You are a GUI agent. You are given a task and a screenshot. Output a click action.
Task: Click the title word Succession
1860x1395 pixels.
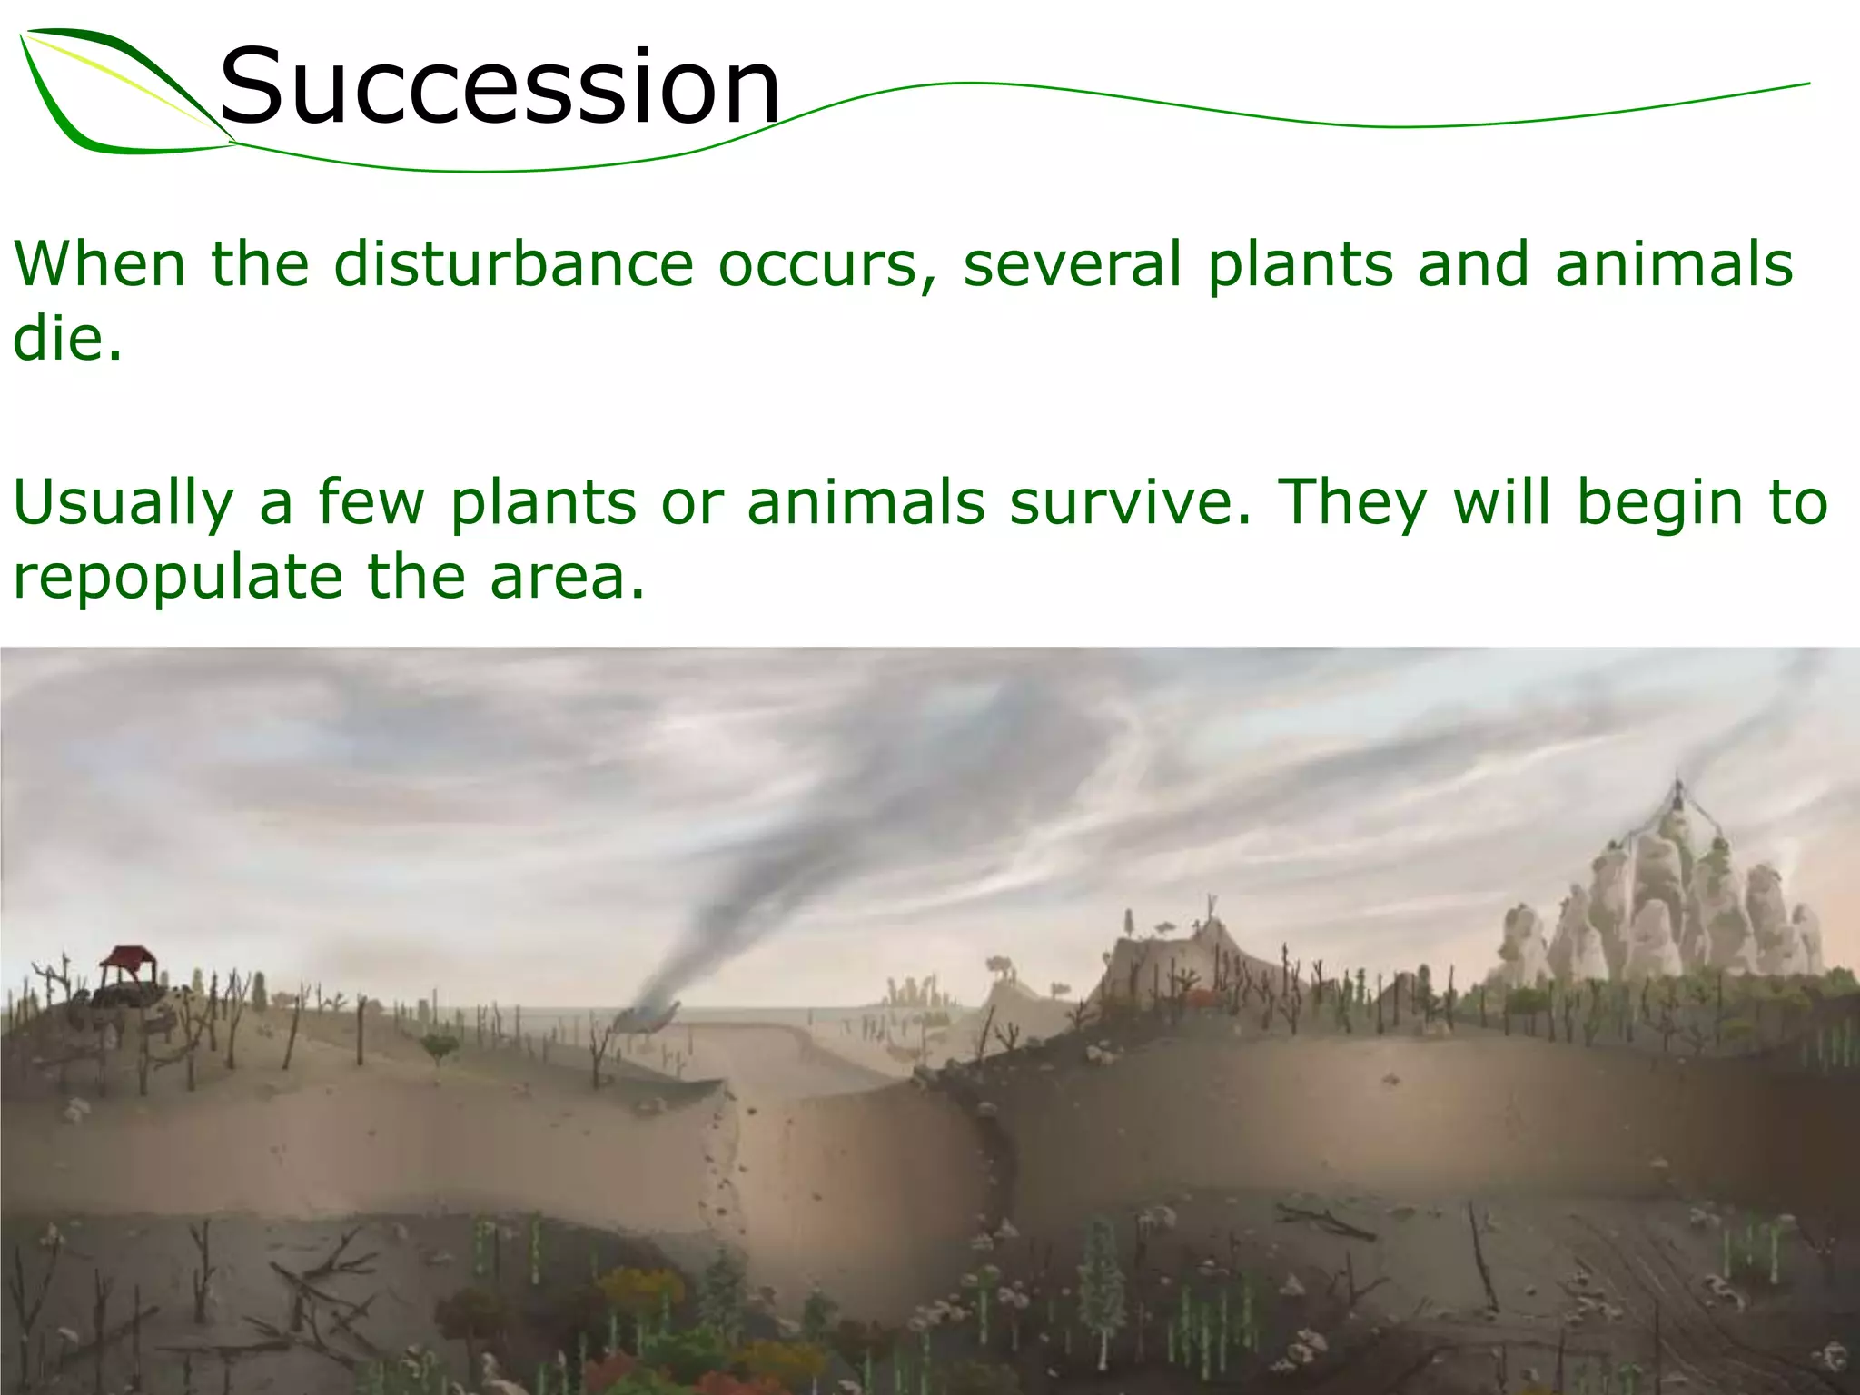point(500,86)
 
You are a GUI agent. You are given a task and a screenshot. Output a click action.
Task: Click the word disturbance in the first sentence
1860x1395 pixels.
point(513,263)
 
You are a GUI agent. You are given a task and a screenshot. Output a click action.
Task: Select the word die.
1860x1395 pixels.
point(65,338)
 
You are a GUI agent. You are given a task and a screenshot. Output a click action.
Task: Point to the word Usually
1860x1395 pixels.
point(124,503)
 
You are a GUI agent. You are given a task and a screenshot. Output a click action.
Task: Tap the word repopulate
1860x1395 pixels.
point(178,578)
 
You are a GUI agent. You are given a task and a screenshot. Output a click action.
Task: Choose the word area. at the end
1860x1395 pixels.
point(567,576)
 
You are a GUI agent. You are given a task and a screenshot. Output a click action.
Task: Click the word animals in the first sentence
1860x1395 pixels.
point(1673,263)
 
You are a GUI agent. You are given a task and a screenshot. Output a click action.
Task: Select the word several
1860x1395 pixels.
point(1073,263)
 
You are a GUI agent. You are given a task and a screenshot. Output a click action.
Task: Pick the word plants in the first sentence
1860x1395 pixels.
point(1300,263)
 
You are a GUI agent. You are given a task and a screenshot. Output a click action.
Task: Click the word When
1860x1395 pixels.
point(100,263)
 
